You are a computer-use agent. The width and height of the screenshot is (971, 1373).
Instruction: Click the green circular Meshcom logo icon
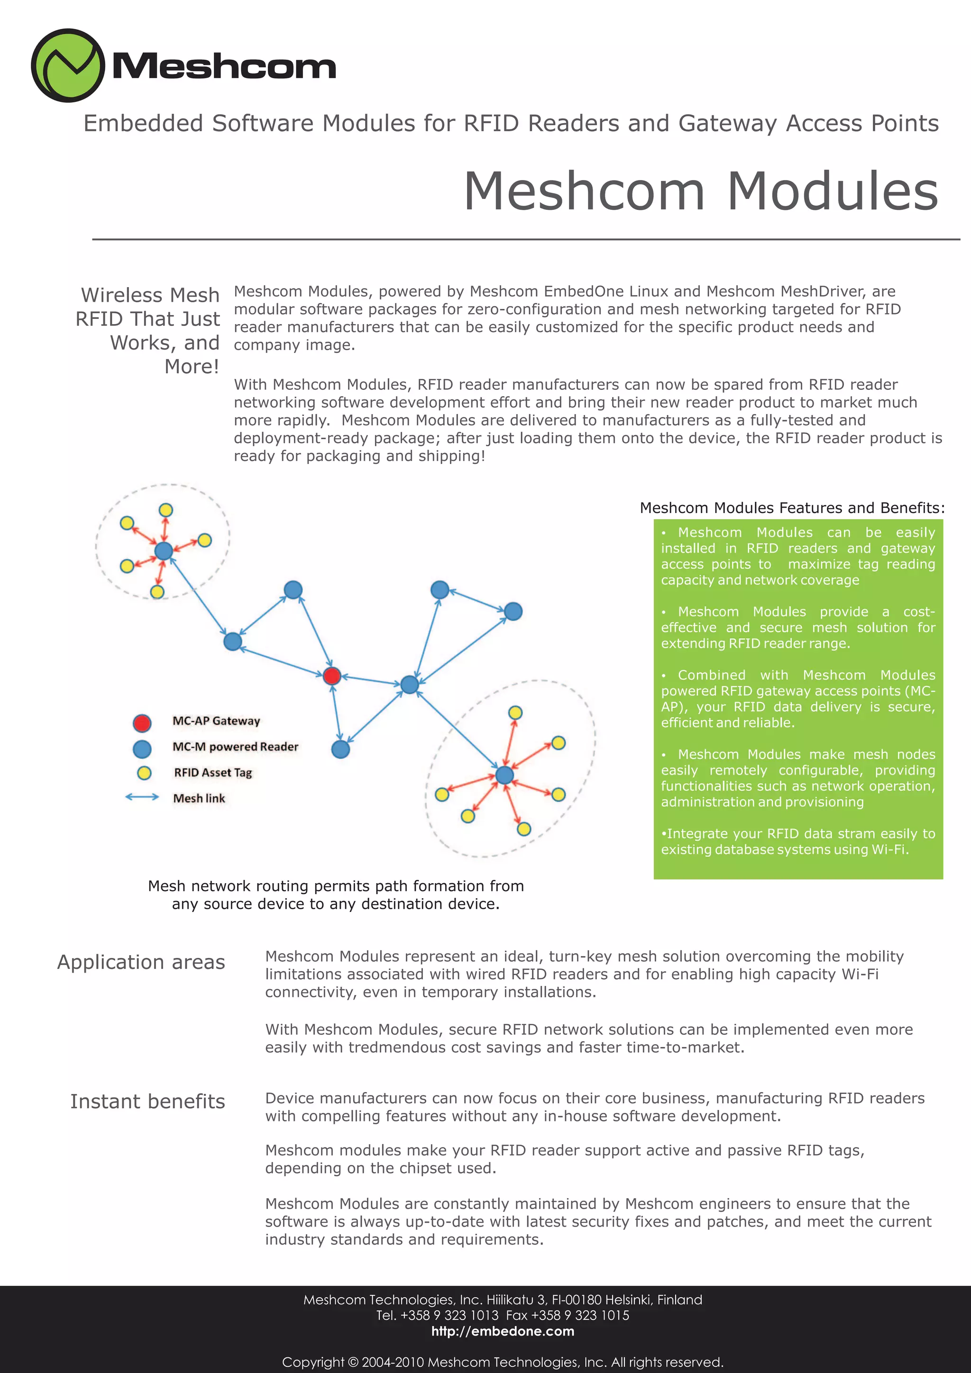coord(68,65)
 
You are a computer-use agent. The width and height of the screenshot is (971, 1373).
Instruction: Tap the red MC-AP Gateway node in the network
coord(331,676)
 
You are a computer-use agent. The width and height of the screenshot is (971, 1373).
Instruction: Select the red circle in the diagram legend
coord(142,723)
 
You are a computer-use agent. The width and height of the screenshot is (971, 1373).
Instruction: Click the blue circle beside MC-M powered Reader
coord(142,748)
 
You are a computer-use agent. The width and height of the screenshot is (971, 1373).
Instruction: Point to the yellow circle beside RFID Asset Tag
coord(144,773)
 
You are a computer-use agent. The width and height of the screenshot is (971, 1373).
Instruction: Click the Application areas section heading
coord(141,962)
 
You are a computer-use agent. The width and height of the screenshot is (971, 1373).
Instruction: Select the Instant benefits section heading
coord(147,1102)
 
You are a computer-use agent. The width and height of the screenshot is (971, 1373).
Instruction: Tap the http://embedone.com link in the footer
coord(503,1331)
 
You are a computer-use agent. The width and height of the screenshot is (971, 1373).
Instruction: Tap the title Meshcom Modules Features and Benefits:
coord(792,508)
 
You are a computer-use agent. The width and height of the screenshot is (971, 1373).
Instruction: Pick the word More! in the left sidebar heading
coord(192,367)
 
